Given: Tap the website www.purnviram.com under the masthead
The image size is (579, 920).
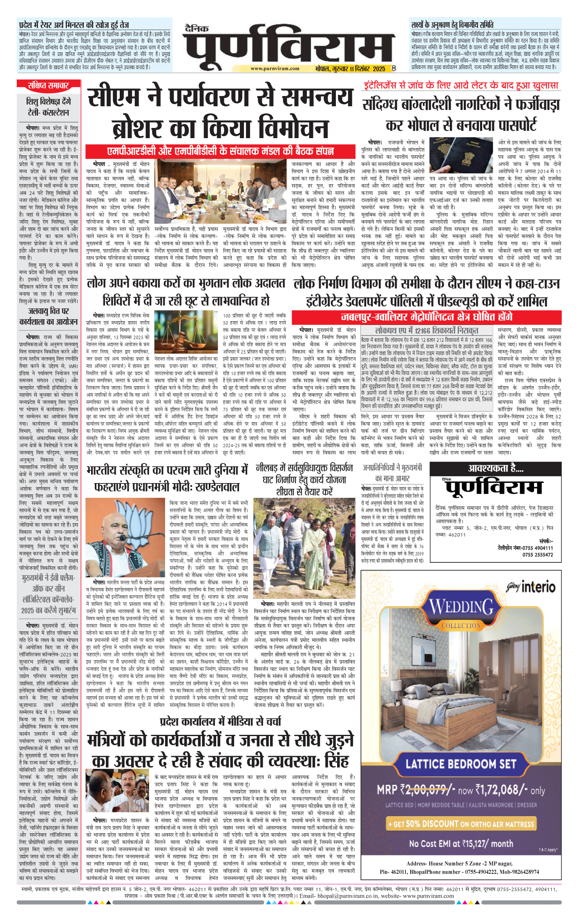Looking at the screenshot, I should click(275, 69).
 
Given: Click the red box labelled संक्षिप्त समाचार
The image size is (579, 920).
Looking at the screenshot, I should click(48, 85).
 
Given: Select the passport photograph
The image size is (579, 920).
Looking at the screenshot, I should click(461, 155).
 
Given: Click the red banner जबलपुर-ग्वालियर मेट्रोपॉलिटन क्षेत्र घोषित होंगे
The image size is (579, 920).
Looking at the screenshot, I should click(426, 317).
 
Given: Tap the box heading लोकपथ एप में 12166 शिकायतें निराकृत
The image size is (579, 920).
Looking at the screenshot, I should click(427, 330).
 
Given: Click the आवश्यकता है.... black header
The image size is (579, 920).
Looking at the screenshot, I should click(496, 469).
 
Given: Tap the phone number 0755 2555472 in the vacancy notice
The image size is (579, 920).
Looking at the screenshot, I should click(537, 555).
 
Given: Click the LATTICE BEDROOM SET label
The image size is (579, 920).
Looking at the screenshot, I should click(461, 764).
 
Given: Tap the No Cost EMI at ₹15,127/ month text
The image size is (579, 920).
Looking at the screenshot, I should click(461, 843).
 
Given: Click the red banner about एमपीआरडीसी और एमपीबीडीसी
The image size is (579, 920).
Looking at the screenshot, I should click(220, 151).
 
